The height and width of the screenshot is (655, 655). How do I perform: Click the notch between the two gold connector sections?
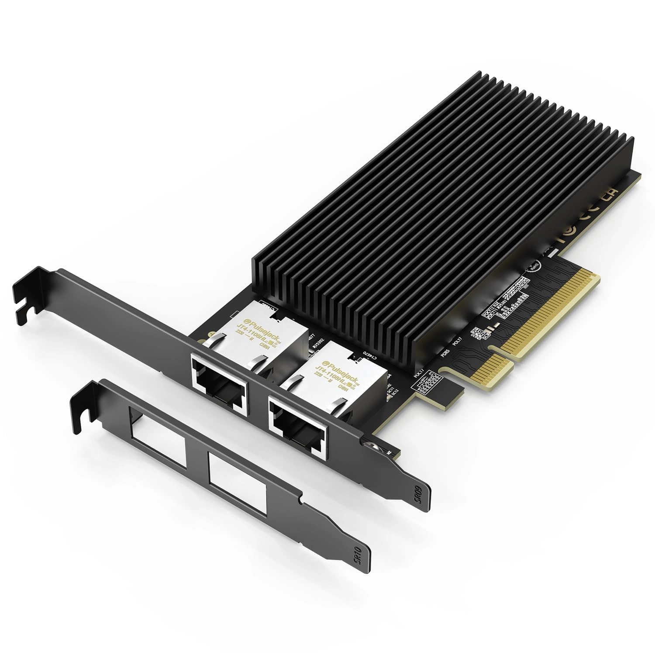(x=496, y=349)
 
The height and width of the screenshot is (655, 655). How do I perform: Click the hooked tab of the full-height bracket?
(x=26, y=301)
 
